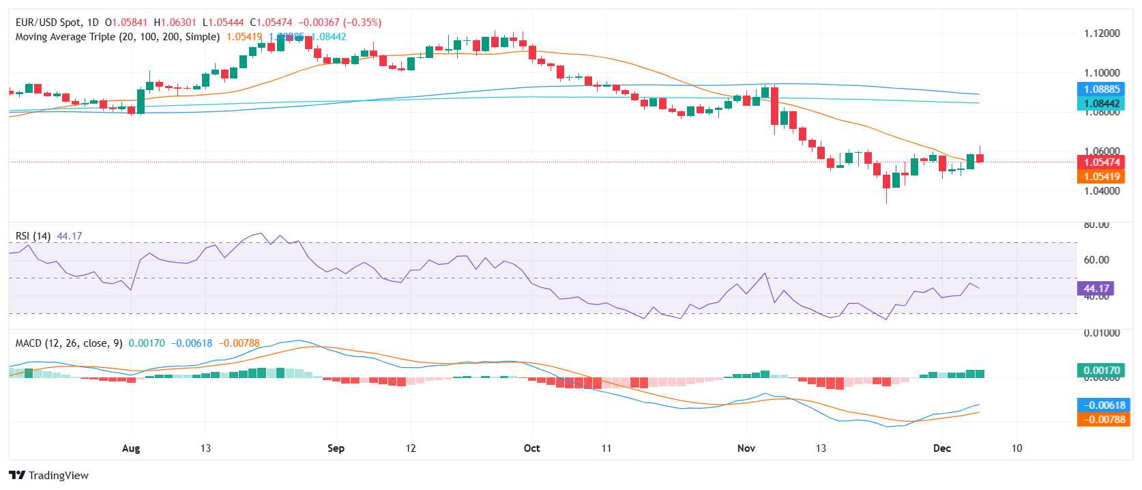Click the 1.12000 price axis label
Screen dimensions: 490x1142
pyautogui.click(x=1102, y=33)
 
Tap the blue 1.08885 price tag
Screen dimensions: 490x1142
pyautogui.click(x=1102, y=89)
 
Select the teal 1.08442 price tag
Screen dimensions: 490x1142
pyautogui.click(x=1102, y=104)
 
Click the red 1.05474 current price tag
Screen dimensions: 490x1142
pyautogui.click(x=1102, y=162)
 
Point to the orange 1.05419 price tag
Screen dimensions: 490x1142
pyautogui.click(x=1102, y=177)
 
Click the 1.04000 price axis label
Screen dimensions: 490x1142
pyautogui.click(x=1102, y=191)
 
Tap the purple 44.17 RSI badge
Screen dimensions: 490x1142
pyautogui.click(x=1096, y=289)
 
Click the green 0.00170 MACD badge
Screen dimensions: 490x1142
pyautogui.click(x=1102, y=371)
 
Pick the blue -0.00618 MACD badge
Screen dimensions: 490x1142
pyautogui.click(x=1102, y=405)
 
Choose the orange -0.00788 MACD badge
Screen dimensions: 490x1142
pyautogui.click(x=1102, y=420)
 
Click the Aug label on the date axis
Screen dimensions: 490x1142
pyautogui.click(x=131, y=448)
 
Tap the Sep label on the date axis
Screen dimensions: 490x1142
pyautogui.click(x=336, y=448)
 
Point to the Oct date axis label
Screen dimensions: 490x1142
pyautogui.click(x=531, y=448)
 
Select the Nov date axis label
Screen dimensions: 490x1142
pyautogui.click(x=746, y=448)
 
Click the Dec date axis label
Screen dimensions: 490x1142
pyautogui.click(x=942, y=448)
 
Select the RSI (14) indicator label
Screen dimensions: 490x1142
pyautogui.click(x=33, y=236)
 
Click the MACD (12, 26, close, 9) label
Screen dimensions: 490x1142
pyautogui.click(x=69, y=343)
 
